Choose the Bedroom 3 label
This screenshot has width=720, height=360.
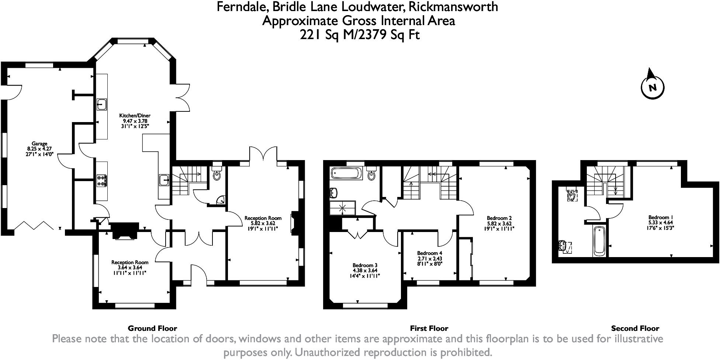pos(365,265)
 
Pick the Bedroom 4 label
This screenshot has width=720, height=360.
pos(430,253)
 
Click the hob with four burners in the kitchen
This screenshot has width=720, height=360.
pos(102,180)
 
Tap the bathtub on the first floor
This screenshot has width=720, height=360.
pos(346,173)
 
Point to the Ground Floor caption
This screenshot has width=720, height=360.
pos(152,328)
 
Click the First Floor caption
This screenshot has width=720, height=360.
pos(429,328)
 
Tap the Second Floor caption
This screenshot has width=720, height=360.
pos(635,328)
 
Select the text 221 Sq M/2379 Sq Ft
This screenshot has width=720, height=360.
pos(360,35)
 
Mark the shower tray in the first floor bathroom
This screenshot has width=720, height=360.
pos(343,208)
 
